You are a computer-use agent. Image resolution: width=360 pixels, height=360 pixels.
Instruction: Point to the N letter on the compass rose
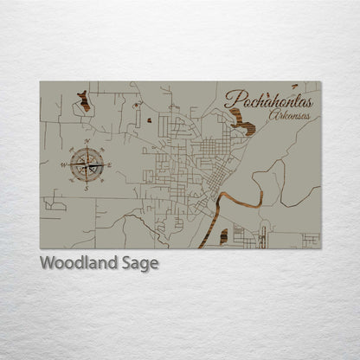[87, 141]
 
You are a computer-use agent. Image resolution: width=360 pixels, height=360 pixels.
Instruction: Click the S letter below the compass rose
[87, 187]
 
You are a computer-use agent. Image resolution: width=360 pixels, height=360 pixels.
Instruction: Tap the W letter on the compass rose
[63, 164]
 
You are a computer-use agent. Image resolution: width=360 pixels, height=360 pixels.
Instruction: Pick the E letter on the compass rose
[110, 164]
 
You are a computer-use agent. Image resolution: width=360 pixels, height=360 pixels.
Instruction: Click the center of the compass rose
[87, 164]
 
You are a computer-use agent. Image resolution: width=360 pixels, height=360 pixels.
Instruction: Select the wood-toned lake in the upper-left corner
[83, 101]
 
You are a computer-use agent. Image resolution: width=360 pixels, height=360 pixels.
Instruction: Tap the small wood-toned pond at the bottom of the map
[224, 235]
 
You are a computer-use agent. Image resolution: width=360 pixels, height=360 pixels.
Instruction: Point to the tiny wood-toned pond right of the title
[294, 87]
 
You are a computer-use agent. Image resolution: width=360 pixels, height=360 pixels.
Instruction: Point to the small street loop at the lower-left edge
[54, 205]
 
